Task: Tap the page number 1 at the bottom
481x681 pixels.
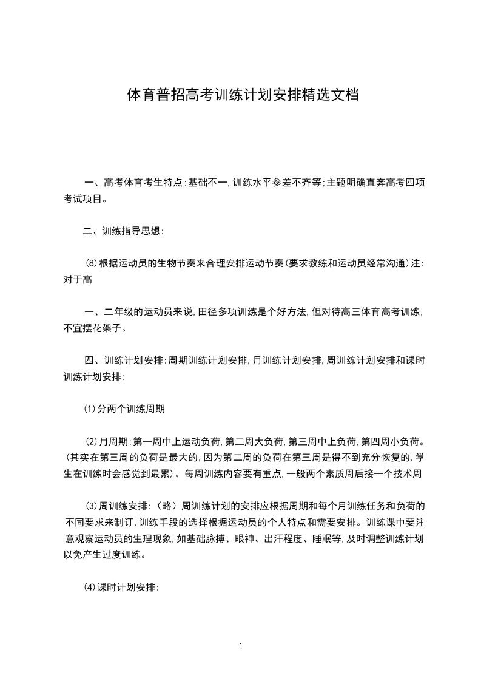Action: [x=241, y=646]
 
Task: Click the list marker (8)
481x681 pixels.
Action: [x=91, y=263]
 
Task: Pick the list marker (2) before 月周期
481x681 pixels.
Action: [x=91, y=441]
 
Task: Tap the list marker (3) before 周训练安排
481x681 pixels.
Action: [x=91, y=505]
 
